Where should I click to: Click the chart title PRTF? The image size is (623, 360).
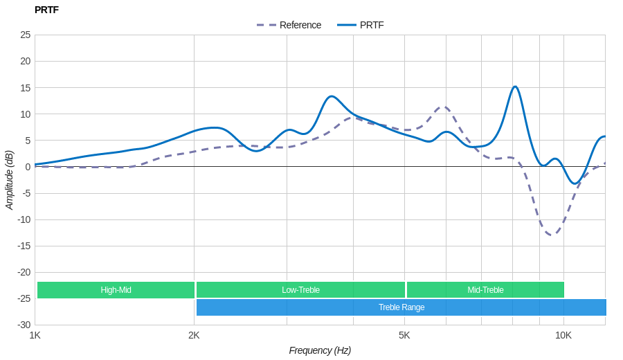point(46,10)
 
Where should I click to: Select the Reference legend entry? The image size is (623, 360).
point(289,25)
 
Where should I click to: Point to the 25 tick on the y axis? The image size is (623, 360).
point(25,35)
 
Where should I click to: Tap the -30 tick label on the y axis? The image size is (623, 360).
point(24,325)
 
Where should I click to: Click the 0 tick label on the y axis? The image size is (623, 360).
point(28,167)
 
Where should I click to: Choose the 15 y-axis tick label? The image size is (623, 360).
point(25,88)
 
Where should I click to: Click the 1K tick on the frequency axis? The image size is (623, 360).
point(35,335)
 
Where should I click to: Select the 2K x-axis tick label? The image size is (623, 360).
point(194,335)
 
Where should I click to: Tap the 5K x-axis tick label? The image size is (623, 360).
point(404,335)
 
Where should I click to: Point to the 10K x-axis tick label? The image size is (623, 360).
point(563,335)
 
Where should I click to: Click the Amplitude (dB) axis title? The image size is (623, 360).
point(10,180)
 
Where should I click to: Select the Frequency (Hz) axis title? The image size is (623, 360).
point(320,350)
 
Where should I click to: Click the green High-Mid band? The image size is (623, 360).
point(116,290)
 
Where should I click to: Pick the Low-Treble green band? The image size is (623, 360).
point(300,290)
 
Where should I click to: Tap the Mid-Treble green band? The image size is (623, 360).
point(485,290)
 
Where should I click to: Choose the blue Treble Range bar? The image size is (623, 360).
point(401,307)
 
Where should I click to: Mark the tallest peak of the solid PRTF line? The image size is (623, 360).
point(515,87)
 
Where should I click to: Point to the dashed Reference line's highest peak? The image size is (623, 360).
point(444,107)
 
